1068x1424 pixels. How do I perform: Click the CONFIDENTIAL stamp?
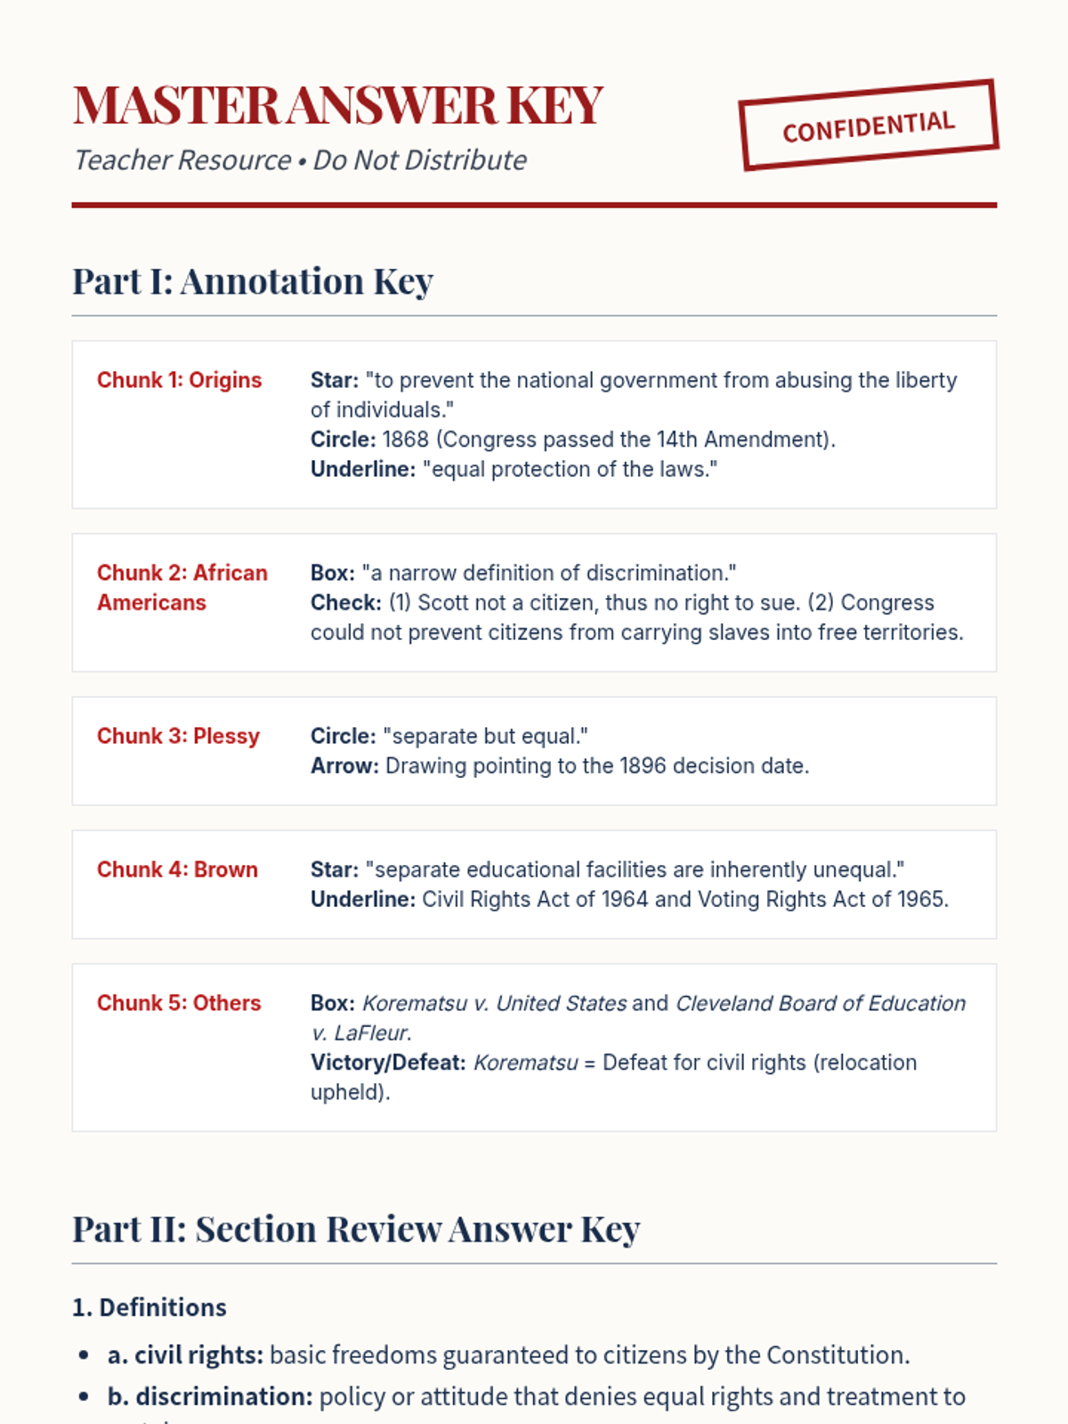[x=869, y=125]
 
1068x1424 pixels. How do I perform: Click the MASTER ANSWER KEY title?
[x=338, y=105]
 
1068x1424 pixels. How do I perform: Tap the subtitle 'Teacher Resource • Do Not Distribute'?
[x=300, y=160]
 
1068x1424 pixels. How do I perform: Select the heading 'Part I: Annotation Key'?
[x=253, y=281]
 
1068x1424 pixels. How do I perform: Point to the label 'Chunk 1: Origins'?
[x=179, y=380]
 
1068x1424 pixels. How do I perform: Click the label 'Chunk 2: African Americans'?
[x=182, y=587]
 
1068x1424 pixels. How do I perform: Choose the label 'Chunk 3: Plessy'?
[x=178, y=736]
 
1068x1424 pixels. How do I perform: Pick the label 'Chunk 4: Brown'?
[x=177, y=870]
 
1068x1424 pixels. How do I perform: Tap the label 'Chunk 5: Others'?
[x=179, y=1003]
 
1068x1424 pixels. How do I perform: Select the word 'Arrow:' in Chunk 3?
[x=344, y=766]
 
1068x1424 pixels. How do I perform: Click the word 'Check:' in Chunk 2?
[x=346, y=603]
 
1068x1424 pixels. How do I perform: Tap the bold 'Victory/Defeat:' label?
[x=388, y=1063]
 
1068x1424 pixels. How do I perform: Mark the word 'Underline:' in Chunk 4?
[x=363, y=900]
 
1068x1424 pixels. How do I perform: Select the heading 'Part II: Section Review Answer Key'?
[x=356, y=1229]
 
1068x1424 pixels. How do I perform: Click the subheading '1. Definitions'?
[x=150, y=1307]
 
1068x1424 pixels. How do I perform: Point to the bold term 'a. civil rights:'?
[x=185, y=1355]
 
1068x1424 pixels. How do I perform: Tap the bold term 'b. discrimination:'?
[x=210, y=1397]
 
